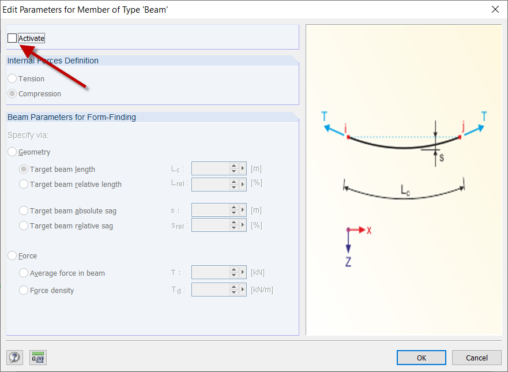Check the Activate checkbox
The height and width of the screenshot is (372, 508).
coord(12,38)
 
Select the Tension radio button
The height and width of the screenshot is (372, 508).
coord(12,78)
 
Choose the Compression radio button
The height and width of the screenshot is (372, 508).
coord(12,93)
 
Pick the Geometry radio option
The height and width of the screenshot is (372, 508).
coord(12,152)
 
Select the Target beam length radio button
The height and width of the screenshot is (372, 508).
coord(24,169)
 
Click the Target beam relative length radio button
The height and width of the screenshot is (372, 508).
coord(24,184)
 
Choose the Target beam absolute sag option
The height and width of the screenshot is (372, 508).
coord(24,211)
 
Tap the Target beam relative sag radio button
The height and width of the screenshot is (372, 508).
coord(24,226)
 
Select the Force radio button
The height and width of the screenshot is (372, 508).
coord(12,255)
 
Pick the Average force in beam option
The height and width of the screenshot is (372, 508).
coord(24,273)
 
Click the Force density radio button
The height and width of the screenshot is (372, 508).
coord(24,290)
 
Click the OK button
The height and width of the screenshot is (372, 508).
coord(421,358)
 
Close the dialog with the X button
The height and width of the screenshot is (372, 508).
coord(495,9)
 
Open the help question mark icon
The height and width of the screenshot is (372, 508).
coord(14,358)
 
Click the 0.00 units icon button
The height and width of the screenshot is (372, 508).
coord(38,358)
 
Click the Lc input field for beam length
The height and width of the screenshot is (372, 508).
coord(210,168)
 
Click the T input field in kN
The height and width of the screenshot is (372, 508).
coord(210,273)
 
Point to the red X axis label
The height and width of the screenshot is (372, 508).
coord(369,230)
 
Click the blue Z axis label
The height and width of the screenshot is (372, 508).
coord(348,261)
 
